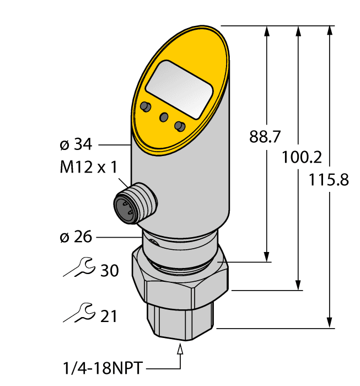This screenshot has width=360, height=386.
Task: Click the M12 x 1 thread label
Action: click(88, 168)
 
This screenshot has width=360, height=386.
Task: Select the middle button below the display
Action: click(163, 116)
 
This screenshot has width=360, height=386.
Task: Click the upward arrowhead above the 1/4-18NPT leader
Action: click(180, 349)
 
